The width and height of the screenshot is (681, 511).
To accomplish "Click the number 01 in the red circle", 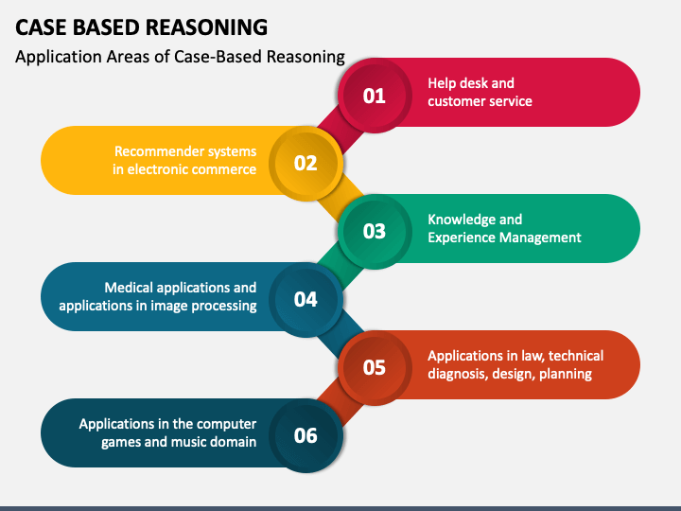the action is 374,96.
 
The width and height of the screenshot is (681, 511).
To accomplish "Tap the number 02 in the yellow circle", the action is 306,164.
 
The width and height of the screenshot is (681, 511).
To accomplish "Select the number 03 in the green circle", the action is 374,231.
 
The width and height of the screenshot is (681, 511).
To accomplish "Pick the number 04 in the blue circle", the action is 306,299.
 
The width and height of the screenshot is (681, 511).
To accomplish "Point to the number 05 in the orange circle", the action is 374,367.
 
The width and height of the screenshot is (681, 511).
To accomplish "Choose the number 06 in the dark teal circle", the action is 306,435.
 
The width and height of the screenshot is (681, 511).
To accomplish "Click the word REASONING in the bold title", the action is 206,27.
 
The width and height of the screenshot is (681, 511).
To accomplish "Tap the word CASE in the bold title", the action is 41,27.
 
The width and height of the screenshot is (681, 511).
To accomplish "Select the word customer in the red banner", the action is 457,101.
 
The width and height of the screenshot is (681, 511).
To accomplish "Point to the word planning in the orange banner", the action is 566,374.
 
